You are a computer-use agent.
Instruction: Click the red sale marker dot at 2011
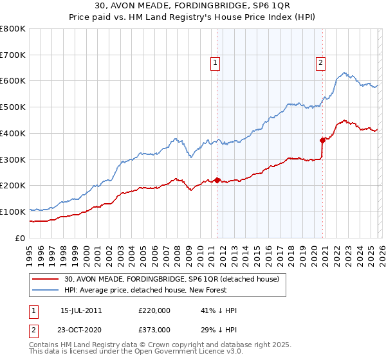pos(217,180)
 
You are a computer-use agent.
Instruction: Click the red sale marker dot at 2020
pos(323,139)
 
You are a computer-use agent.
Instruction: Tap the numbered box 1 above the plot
pos(214,62)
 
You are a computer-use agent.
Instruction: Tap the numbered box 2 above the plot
pos(320,62)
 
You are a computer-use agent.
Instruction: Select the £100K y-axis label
pos(13,212)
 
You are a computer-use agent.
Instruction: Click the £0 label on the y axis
pos(19,238)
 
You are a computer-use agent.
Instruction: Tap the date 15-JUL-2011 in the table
pos(80,310)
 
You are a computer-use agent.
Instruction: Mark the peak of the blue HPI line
pos(345,73)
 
